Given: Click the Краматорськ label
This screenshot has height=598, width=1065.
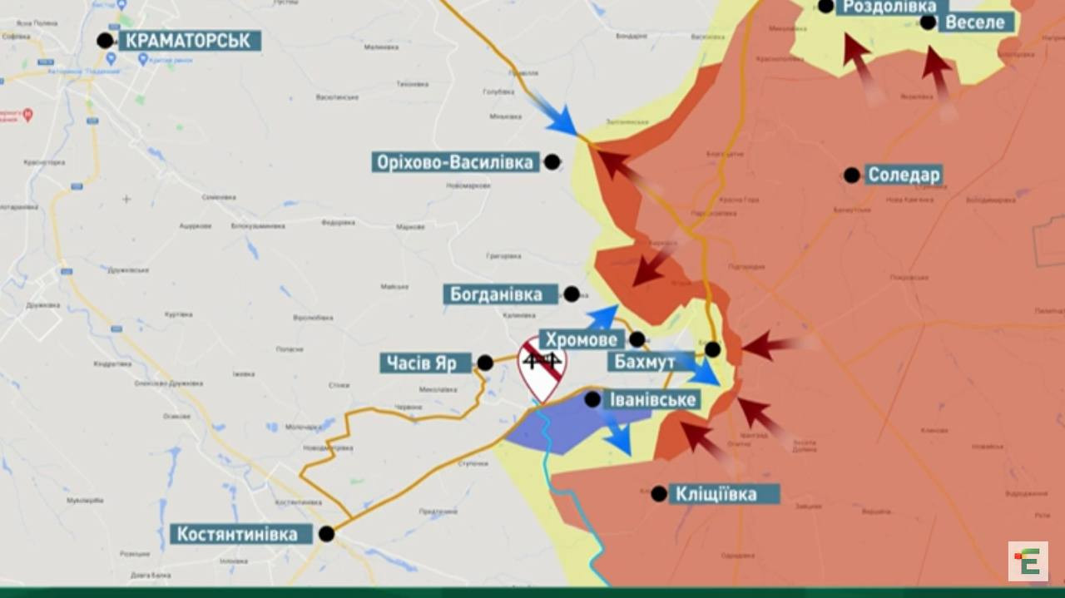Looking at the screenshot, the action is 189,41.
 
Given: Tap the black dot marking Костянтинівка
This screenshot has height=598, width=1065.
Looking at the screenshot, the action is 327,534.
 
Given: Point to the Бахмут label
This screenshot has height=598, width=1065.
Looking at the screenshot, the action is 641,362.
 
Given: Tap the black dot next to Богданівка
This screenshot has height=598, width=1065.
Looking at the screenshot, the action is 572,294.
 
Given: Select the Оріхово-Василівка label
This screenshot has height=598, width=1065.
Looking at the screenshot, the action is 453,162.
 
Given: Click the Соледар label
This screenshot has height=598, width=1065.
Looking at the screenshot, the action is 904,175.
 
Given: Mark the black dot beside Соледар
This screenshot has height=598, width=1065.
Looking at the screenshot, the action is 851,175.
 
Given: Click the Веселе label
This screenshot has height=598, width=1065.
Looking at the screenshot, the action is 976,22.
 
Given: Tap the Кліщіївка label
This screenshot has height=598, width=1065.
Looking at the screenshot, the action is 716,494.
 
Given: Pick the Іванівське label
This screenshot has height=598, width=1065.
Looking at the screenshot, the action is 652,400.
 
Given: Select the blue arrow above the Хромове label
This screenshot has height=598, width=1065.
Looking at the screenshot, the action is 602,317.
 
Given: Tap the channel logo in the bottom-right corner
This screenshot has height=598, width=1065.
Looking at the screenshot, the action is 1028,561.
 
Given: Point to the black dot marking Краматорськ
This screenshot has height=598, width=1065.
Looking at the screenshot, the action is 105,40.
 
